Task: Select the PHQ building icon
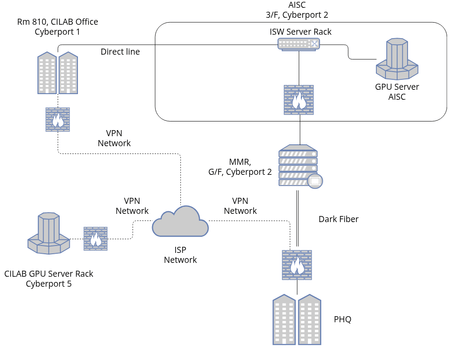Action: pyautogui.click(x=297, y=318)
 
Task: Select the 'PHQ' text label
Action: pyautogui.click(x=348, y=320)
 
